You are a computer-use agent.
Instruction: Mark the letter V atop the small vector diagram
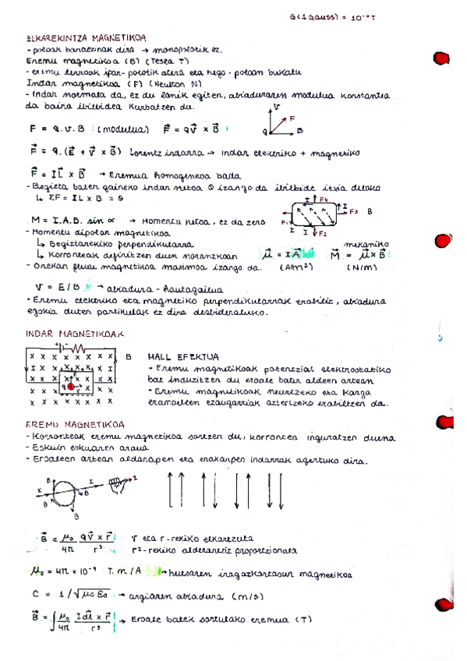click(278, 107)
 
